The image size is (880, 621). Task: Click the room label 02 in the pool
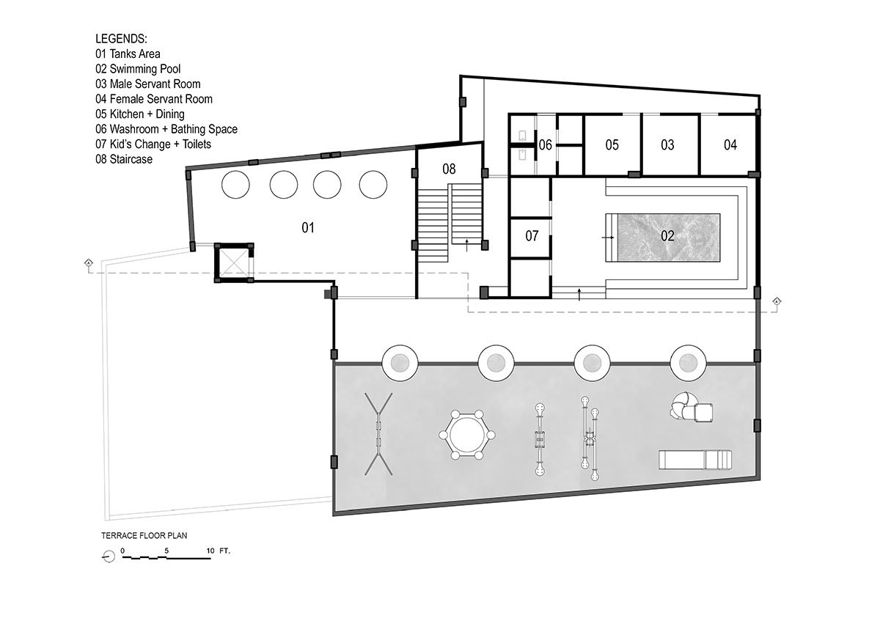[x=667, y=235]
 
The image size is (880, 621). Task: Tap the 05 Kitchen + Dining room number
[x=612, y=145]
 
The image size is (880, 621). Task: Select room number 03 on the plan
[x=667, y=145]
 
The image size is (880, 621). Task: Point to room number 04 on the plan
[x=730, y=145]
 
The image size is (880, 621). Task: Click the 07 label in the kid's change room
[x=532, y=235]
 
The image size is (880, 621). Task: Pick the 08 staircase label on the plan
[x=449, y=169]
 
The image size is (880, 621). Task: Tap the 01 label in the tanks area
[x=307, y=227]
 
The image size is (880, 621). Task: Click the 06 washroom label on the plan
[x=545, y=145]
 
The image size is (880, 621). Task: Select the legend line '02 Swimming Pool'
[x=138, y=69]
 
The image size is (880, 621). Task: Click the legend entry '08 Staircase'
[x=124, y=159]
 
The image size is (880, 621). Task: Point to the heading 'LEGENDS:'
[x=122, y=39]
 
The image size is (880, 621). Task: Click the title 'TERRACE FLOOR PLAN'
[x=144, y=535]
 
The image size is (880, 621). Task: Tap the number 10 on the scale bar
[x=210, y=551]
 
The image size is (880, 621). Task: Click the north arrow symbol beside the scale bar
[x=109, y=556]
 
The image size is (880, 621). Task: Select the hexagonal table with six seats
[x=466, y=435]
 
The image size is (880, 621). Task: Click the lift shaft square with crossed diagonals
[x=234, y=262]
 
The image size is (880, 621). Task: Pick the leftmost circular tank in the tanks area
[x=235, y=184]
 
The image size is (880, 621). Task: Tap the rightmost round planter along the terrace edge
[x=688, y=363]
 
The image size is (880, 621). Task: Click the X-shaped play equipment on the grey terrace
[x=378, y=434]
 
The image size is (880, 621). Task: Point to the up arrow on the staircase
[x=466, y=245]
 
